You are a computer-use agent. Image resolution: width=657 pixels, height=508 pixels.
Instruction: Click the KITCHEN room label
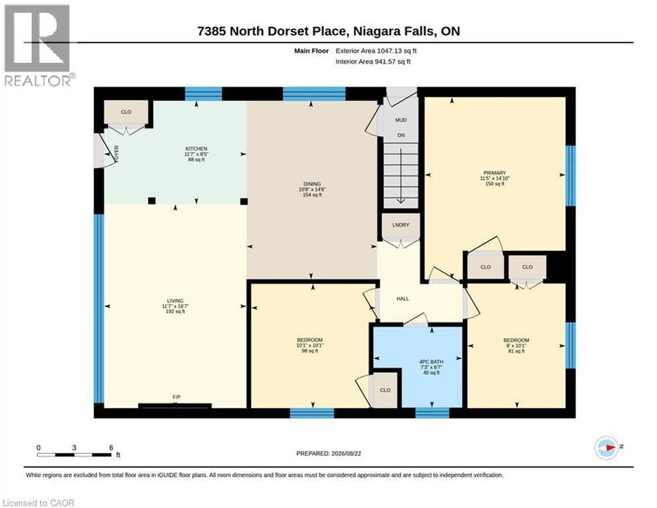tap(196, 149)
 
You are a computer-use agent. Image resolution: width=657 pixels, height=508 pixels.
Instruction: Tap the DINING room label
tap(312, 183)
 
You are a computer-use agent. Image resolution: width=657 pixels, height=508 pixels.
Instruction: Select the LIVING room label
tap(175, 300)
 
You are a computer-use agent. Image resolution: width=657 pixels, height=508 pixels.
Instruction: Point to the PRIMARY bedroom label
tap(494, 173)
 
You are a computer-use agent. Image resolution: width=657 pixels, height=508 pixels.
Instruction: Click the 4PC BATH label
tap(431, 362)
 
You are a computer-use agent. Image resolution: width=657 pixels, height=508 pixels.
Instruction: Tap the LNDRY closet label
tap(401, 225)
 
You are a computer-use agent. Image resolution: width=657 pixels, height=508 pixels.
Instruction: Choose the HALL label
tap(403, 299)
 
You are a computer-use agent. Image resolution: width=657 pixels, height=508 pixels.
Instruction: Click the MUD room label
tap(401, 120)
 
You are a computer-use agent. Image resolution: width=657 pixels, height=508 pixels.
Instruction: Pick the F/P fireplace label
tap(177, 397)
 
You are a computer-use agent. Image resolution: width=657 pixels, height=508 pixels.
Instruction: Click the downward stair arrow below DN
tap(401, 176)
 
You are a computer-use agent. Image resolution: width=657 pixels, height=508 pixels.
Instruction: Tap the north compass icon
tap(607, 447)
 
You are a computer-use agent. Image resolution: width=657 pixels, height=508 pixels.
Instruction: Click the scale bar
tap(74, 455)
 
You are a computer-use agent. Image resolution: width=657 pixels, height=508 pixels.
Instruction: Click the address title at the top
tap(328, 31)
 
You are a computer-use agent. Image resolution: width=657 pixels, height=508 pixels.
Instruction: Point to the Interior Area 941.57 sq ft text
tap(373, 61)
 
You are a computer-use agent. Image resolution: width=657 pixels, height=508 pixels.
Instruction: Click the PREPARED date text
tap(328, 453)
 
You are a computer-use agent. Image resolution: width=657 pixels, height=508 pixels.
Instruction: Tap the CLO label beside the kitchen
tap(126, 112)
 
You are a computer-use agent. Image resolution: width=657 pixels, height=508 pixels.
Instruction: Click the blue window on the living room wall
tap(99, 308)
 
